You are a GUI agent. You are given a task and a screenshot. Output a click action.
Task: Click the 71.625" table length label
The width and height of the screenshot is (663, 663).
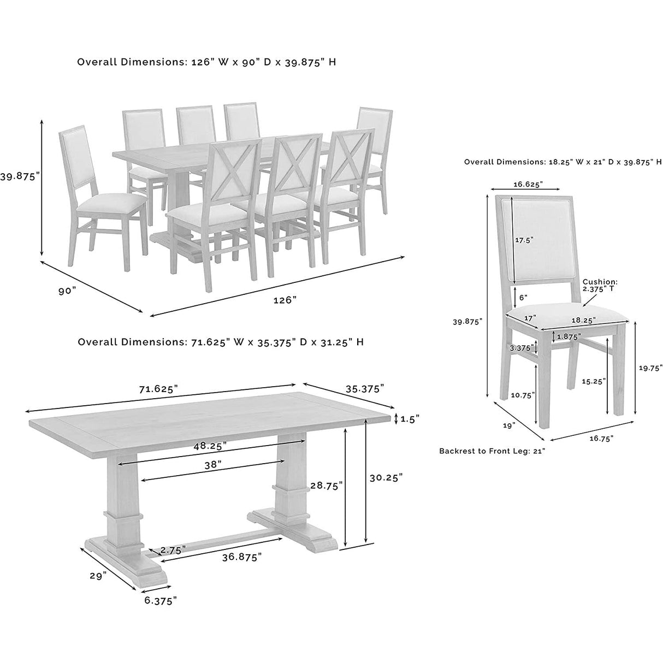(159, 389)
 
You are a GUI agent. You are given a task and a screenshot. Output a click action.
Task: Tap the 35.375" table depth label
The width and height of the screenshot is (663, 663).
(364, 388)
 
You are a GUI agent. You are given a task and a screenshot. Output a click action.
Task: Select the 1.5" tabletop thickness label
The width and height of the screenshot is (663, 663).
(410, 419)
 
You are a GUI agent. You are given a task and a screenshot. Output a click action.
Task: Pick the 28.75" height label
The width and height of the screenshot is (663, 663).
(326, 485)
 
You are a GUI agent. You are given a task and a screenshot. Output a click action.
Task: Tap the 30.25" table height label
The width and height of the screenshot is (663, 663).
(386, 477)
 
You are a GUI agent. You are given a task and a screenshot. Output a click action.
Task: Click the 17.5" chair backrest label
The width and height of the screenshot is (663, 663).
(524, 239)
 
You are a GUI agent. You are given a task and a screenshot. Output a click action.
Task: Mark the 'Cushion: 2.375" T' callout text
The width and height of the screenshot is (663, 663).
(600, 285)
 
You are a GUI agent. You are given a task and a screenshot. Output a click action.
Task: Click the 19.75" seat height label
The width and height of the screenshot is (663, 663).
(650, 368)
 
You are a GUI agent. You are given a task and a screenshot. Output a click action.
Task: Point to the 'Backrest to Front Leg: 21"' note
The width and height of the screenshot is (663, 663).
(492, 451)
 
